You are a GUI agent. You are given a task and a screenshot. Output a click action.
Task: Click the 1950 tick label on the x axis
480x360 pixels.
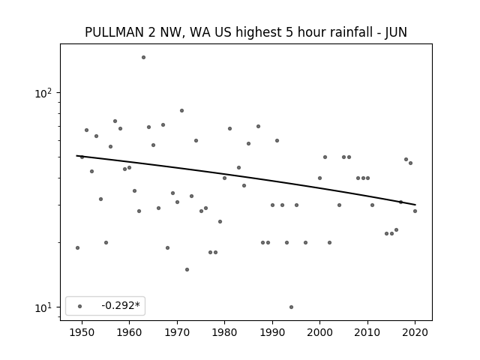(82, 332)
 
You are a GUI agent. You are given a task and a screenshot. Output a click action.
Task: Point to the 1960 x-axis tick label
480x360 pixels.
(129, 332)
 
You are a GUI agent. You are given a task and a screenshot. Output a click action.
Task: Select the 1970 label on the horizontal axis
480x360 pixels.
(177, 332)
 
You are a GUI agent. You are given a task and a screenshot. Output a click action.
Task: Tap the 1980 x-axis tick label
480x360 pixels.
(224, 332)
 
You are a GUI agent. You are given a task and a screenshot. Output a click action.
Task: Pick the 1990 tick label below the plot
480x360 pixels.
(272, 332)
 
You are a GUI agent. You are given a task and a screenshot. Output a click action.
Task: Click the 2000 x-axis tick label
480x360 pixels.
(320, 332)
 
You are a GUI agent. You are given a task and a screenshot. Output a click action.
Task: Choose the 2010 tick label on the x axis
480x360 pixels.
(367, 332)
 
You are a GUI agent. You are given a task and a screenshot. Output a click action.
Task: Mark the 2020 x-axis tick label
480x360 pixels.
(415, 332)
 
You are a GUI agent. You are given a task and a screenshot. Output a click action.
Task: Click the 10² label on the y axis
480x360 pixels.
(43, 93)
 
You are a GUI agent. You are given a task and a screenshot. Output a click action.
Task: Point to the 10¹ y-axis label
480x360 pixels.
(43, 307)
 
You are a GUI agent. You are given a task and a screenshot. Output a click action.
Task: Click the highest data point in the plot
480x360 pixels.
(143, 58)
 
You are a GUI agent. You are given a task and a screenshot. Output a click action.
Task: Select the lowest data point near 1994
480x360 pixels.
(291, 307)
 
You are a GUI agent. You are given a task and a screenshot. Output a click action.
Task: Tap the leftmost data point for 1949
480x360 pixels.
(77, 248)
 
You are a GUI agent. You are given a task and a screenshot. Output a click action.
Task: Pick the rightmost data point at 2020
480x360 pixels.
(415, 211)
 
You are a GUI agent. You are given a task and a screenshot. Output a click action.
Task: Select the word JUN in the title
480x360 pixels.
(396, 32)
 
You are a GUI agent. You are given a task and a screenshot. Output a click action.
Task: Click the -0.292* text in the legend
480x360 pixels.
(121, 305)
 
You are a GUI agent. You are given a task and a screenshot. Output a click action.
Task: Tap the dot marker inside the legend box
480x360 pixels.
(80, 306)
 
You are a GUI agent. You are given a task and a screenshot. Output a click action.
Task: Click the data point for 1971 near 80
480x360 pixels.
(181, 111)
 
